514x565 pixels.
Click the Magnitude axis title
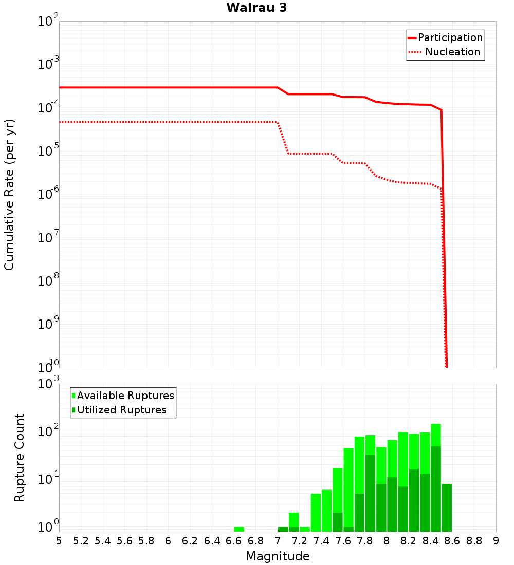pos(278,556)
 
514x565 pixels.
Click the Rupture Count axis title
pos(20,458)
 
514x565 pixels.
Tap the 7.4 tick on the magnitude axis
pos(321,541)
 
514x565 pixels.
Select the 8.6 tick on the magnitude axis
pos(452,541)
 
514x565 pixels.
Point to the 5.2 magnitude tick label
pos(81,541)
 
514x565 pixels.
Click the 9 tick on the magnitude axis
pos(496,541)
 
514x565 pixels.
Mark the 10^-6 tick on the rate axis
pos(48,194)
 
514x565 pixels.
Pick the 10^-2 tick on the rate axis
pos(48,22)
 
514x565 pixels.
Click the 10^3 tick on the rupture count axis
pos(48,384)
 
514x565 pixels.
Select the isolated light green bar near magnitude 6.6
pos(239,529)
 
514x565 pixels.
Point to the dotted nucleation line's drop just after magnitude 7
pos(283,139)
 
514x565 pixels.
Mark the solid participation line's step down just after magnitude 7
pos(283,91)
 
